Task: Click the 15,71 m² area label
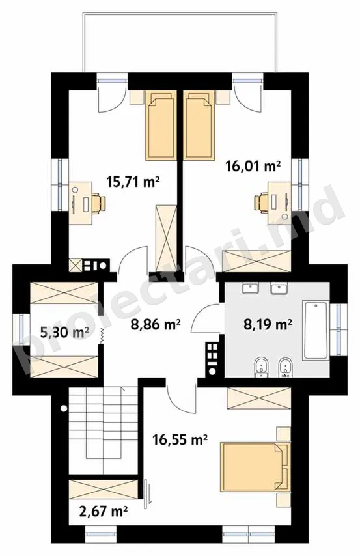point(133,182)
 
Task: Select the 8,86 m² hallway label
point(156,324)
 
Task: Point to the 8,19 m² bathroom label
point(268,324)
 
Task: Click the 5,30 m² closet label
point(64,333)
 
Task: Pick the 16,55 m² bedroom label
point(180,439)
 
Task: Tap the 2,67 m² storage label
point(103,511)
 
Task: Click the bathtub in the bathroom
point(315,331)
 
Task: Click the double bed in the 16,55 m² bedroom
point(255,467)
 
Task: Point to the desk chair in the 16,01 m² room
point(262,203)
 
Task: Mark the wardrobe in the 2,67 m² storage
point(104,489)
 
